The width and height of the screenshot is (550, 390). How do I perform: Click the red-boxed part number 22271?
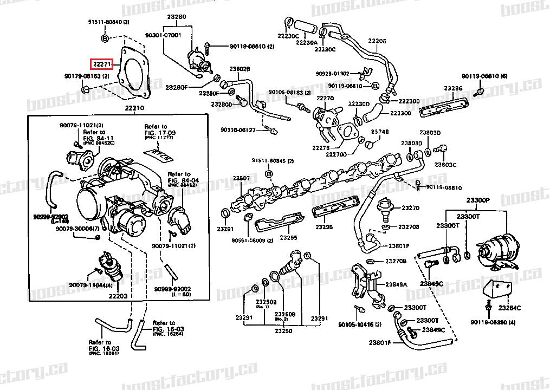coord(101,64)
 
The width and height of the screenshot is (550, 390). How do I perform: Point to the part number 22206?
coord(377,41)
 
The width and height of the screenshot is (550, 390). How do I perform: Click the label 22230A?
coord(307,42)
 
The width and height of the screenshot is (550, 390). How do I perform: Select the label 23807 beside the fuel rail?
coord(241,178)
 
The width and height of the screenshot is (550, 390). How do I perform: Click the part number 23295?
coord(288,238)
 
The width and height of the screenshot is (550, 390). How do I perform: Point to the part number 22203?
coord(118,296)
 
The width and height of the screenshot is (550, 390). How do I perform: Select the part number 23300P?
coord(478,200)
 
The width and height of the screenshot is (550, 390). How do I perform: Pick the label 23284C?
coord(510,308)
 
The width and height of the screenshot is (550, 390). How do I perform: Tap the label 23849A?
coord(396,284)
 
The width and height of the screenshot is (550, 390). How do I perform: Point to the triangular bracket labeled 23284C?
coord(499,289)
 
